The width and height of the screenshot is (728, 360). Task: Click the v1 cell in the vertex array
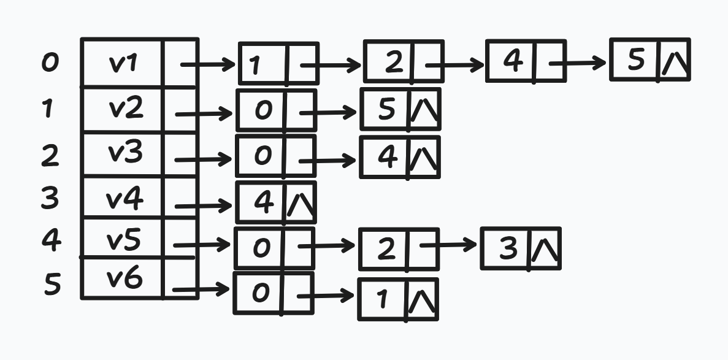click(x=123, y=63)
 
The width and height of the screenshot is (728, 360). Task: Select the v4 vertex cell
click(x=123, y=199)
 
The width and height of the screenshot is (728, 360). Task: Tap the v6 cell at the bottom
click(x=123, y=279)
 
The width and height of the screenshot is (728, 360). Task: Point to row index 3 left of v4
click(x=50, y=198)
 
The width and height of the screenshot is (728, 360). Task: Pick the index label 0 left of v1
click(x=50, y=63)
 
